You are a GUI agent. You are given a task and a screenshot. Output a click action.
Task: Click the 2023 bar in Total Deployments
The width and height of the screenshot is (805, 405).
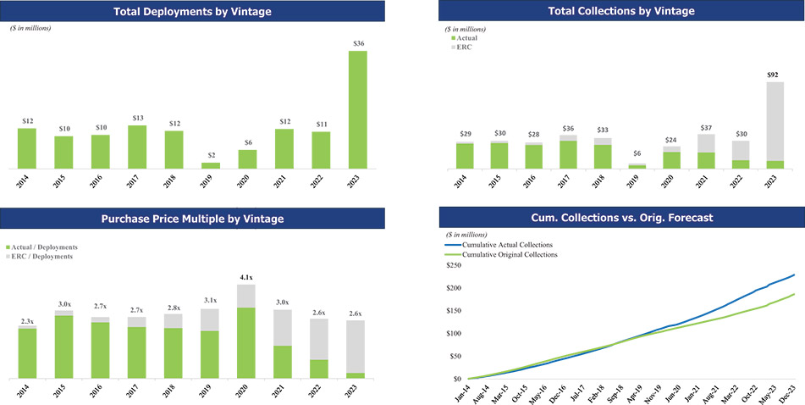358,109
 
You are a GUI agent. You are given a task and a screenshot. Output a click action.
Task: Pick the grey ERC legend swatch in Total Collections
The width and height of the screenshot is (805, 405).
451,47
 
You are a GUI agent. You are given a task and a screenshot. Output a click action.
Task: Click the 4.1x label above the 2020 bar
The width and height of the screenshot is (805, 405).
245,276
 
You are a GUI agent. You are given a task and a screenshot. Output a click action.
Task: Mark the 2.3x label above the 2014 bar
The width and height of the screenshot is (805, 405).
27,321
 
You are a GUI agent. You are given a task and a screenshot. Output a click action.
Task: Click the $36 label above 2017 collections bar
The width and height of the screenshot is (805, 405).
569,129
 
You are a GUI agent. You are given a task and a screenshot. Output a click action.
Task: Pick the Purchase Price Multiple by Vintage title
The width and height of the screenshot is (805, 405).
192,219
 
